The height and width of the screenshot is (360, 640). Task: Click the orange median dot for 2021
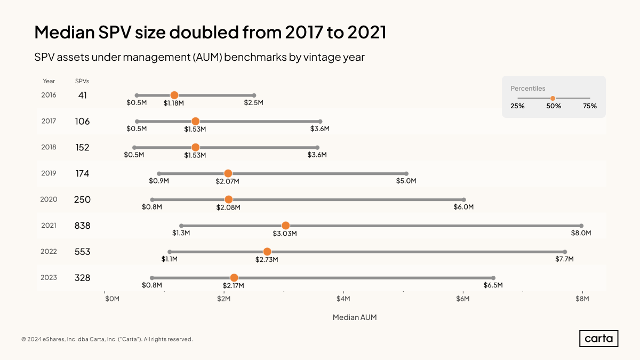(285, 226)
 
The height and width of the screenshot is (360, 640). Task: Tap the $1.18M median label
(173, 102)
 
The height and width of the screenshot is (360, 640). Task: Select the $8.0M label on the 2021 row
(581, 233)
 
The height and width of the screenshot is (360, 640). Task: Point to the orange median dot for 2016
(174, 95)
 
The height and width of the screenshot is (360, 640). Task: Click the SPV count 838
(82, 226)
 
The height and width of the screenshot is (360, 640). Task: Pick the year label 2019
(49, 173)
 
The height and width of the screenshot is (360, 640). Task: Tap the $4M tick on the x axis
(343, 298)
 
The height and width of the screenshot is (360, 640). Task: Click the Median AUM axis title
(355, 317)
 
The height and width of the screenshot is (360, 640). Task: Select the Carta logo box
(598, 339)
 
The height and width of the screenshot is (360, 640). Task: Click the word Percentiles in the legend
(528, 89)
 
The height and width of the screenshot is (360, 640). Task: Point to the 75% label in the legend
(589, 106)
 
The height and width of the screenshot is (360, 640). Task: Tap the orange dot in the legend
(553, 98)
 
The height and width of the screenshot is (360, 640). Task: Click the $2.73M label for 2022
(268, 259)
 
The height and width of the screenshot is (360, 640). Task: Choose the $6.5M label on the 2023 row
(493, 285)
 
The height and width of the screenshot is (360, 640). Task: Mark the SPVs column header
(82, 81)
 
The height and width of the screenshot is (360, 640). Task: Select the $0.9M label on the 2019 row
(159, 181)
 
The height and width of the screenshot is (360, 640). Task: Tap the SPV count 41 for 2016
(82, 95)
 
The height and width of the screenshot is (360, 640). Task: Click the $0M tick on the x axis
(112, 298)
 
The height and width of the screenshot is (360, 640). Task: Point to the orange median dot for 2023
(234, 277)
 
